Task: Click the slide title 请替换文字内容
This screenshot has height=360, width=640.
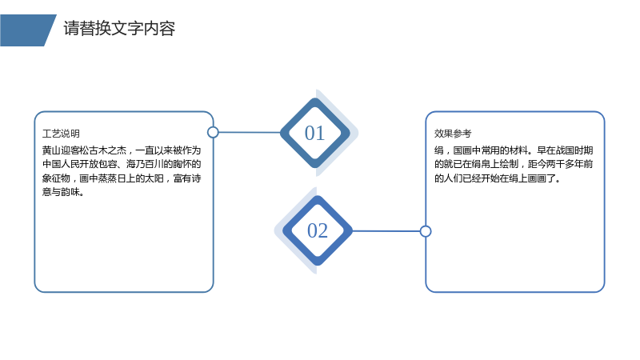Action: (119, 29)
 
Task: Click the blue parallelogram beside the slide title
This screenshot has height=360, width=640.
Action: (28, 30)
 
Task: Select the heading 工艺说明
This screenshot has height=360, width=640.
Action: (61, 134)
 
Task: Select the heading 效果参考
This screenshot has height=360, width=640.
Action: (453, 134)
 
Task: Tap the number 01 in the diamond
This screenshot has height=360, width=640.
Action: (314, 133)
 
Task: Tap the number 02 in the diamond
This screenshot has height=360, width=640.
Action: (318, 230)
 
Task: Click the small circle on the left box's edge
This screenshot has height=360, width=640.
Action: (213, 132)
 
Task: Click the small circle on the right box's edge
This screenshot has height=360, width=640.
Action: (426, 231)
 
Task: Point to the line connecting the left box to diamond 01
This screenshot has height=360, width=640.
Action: (250, 132)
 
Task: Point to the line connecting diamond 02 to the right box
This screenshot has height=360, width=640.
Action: (386, 231)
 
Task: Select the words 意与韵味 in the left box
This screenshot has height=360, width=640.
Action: (61, 192)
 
